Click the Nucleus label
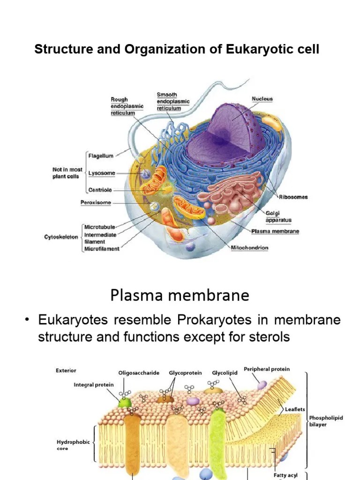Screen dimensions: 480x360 [x=262, y=99]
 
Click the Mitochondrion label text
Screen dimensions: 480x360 [x=249, y=247]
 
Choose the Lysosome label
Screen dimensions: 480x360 [x=102, y=173]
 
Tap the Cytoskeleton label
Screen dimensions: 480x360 [x=61, y=237]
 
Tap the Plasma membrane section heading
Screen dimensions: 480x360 [x=180, y=295]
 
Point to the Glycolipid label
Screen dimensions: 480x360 [x=225, y=373]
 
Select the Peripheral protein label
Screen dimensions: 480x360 [x=267, y=369]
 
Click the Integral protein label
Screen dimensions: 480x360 [x=94, y=385]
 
